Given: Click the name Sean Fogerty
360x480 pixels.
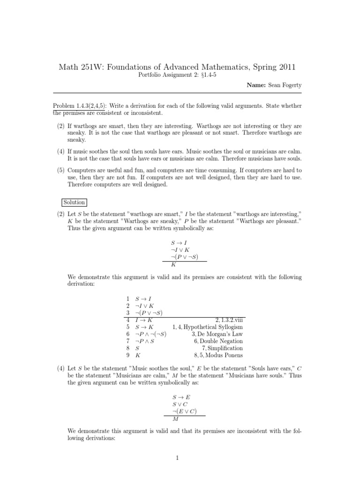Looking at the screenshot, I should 285,86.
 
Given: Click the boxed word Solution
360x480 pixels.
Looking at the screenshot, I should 74,202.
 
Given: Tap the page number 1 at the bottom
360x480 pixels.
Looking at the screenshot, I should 178,458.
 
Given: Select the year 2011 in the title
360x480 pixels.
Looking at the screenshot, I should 282,68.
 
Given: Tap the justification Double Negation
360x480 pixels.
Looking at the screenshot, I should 222,341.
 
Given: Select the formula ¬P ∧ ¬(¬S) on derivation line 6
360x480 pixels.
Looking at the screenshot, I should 150,334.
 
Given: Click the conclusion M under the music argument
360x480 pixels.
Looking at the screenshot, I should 174,419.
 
